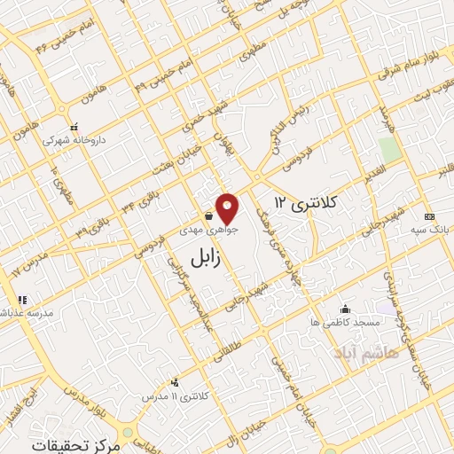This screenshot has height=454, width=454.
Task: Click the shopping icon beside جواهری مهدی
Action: point(208,215)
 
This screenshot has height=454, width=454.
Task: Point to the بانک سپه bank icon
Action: point(430,217)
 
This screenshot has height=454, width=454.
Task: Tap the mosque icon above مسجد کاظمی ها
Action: point(345,309)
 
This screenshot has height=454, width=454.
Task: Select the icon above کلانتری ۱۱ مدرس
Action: point(175,382)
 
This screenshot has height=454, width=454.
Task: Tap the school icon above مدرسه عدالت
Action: point(22,300)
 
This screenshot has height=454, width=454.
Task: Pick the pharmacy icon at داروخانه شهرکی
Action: point(74,126)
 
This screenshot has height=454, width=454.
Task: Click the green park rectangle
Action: point(388,148)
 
